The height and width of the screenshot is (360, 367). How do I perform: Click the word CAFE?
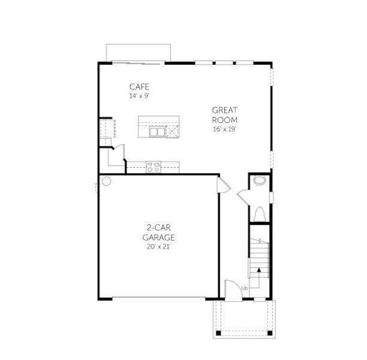point(139,86)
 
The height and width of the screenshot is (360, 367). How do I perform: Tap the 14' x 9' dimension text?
point(139,95)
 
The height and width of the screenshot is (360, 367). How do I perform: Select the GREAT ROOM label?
point(225,115)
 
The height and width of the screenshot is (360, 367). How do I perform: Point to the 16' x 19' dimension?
point(225,129)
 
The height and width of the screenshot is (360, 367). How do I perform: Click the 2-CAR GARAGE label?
point(158,232)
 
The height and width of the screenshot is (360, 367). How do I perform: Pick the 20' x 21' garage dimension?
point(158,246)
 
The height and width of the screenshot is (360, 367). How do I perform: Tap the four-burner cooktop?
point(153,167)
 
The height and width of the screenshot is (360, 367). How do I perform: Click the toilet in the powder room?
point(260,214)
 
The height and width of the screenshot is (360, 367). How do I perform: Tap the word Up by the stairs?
point(244,289)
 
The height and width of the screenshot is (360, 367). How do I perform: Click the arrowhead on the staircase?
point(258,271)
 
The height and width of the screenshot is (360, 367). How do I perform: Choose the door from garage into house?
point(222,185)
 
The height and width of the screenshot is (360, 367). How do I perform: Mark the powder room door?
point(244,197)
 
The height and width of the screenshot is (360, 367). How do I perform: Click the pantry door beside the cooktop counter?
point(119,152)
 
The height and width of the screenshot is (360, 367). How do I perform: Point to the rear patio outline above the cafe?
point(139,52)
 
